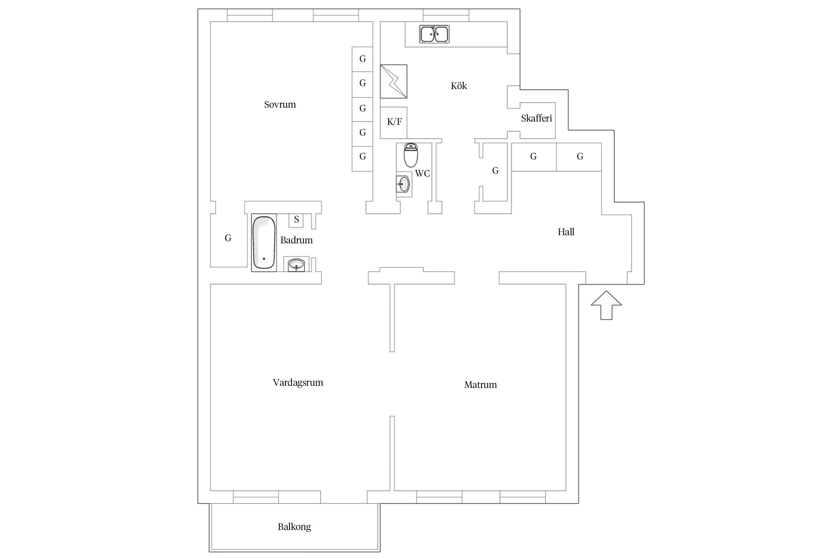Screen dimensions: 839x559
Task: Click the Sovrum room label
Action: pos(280,104)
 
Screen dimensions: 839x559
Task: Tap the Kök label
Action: pos(459,86)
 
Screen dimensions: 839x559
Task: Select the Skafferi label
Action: pos(536,118)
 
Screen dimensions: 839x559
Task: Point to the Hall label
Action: pos(566,232)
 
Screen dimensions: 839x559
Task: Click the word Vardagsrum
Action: pos(298,383)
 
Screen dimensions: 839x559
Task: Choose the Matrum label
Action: pos(480,385)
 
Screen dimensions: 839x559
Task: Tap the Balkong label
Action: pos(294,527)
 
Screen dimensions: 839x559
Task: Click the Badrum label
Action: pos(296,240)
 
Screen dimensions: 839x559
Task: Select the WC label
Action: pos(422,173)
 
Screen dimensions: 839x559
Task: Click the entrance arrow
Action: pos(606,305)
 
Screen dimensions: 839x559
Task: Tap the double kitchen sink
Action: pos(434,34)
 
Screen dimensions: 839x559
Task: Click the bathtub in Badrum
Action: pos(264,243)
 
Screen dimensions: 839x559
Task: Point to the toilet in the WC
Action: pos(411,155)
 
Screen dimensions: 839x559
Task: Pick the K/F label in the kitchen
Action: pos(394,121)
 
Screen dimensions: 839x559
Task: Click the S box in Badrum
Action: pos(296,220)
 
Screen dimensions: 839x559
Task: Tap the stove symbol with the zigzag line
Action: pos(394,82)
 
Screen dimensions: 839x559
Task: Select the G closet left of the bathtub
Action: pos(228,238)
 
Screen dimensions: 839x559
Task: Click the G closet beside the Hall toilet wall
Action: pos(495,171)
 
